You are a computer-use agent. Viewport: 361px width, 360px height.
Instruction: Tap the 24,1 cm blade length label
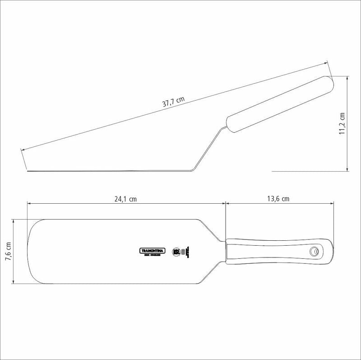(125, 198)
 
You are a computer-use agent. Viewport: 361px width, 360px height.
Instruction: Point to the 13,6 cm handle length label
(278, 198)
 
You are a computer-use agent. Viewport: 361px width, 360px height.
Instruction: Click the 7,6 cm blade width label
(8, 252)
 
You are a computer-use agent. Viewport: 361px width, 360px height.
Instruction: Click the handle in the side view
(280, 104)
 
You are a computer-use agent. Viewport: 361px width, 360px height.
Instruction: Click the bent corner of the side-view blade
(192, 169)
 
